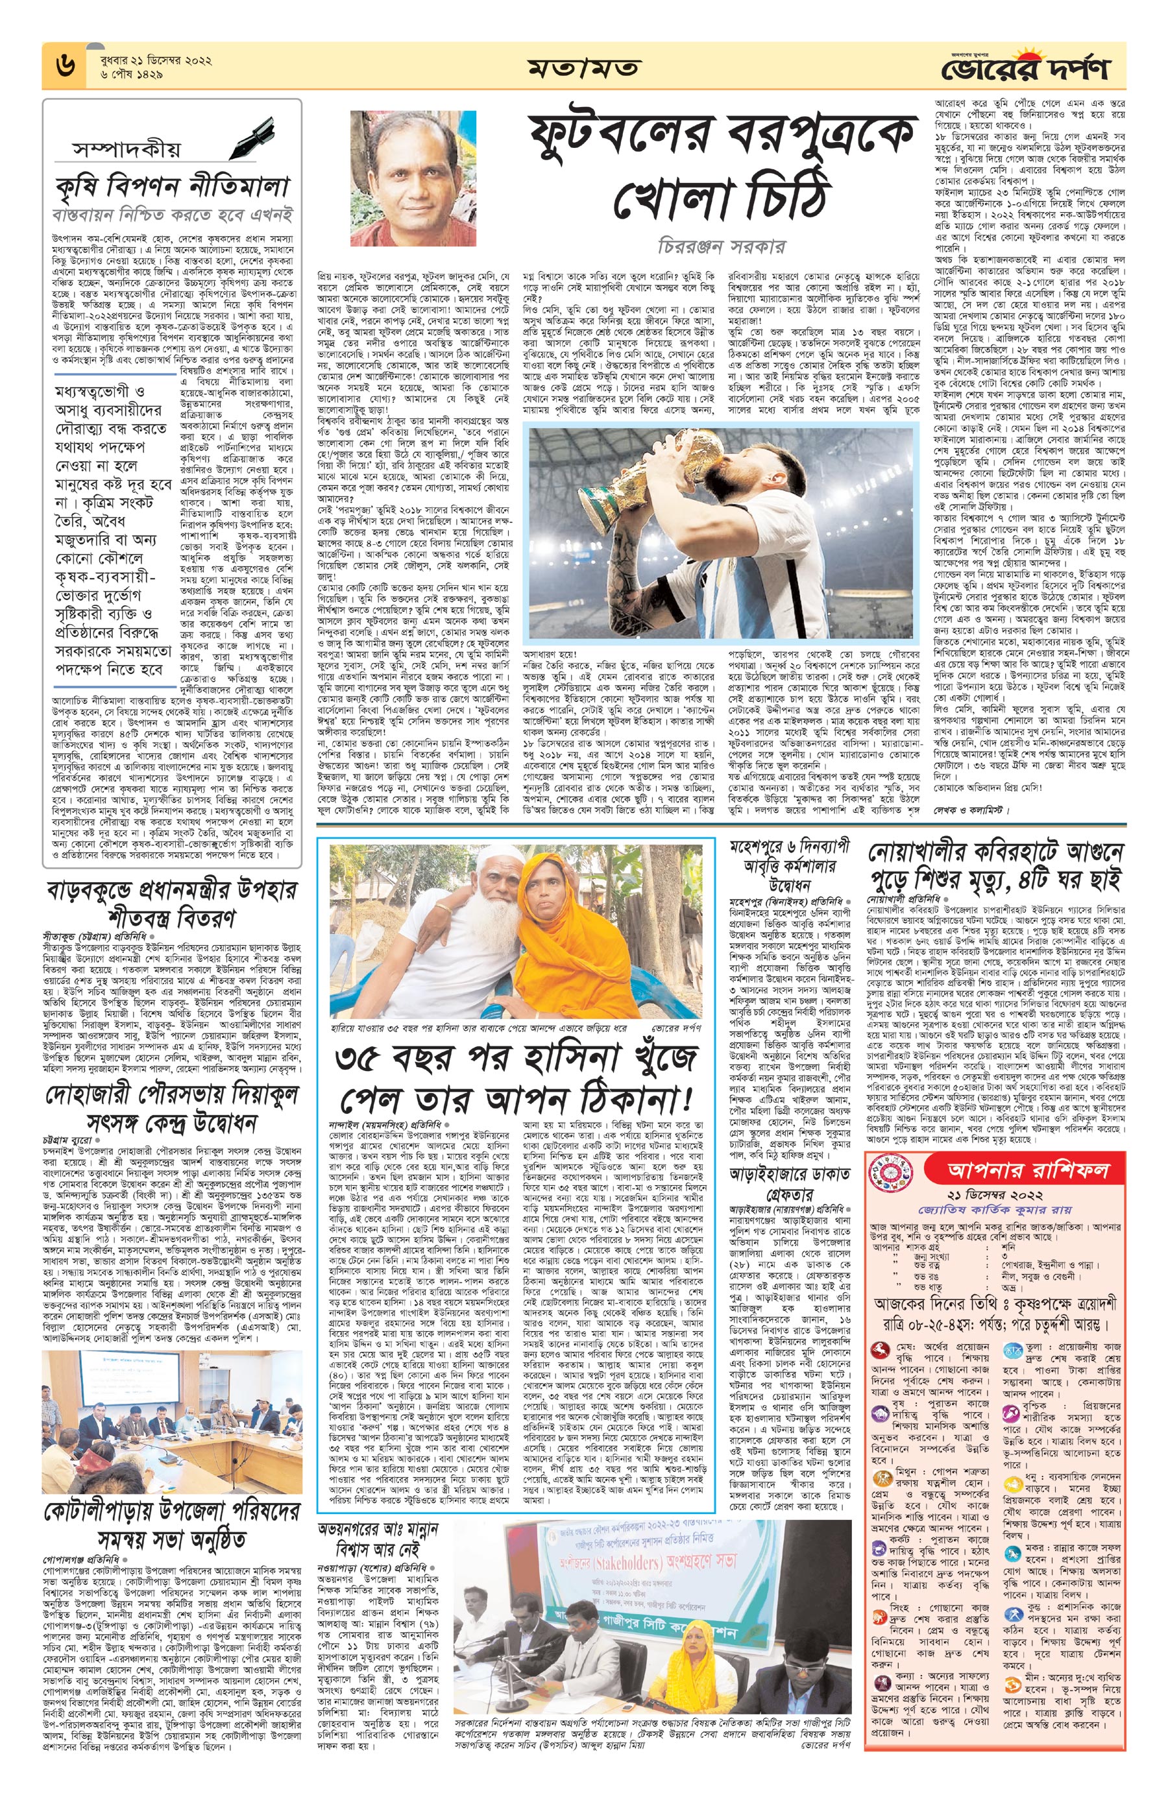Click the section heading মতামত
[x=583, y=69]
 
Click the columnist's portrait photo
[x=413, y=178]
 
